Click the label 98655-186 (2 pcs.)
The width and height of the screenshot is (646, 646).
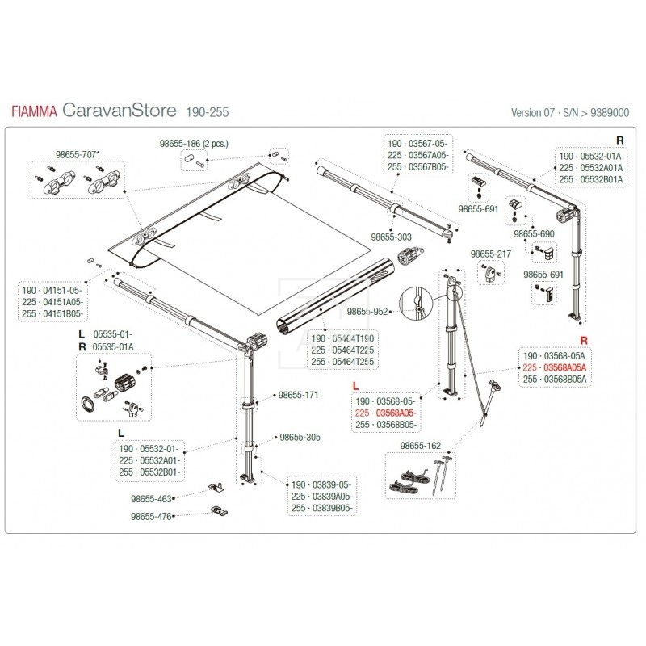click(x=194, y=142)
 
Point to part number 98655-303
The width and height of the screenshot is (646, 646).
click(x=391, y=237)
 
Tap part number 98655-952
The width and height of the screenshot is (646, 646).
click(x=367, y=310)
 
